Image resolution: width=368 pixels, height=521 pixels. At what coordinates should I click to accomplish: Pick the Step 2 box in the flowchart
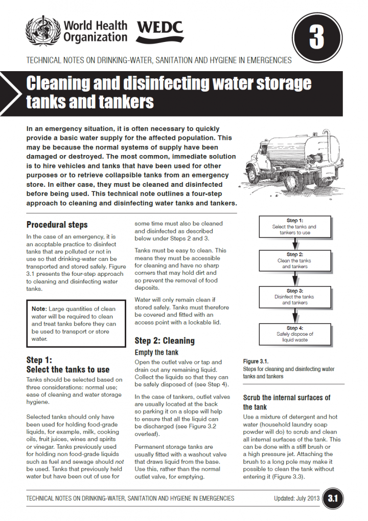pos(294,260)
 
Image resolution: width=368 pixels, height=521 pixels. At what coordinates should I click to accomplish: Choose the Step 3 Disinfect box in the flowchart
pos(294,296)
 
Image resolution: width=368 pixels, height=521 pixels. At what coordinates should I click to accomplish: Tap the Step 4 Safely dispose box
pos(294,334)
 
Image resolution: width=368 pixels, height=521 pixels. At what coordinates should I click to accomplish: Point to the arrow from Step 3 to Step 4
pos(294,316)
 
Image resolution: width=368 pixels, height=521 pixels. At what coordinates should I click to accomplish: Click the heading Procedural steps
pos(57,225)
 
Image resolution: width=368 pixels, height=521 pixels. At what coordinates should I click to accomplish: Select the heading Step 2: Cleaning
pos(165,340)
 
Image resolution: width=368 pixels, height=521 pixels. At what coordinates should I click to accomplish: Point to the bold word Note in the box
pos(39,309)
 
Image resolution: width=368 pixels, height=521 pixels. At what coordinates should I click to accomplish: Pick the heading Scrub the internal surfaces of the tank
pos(286,402)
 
